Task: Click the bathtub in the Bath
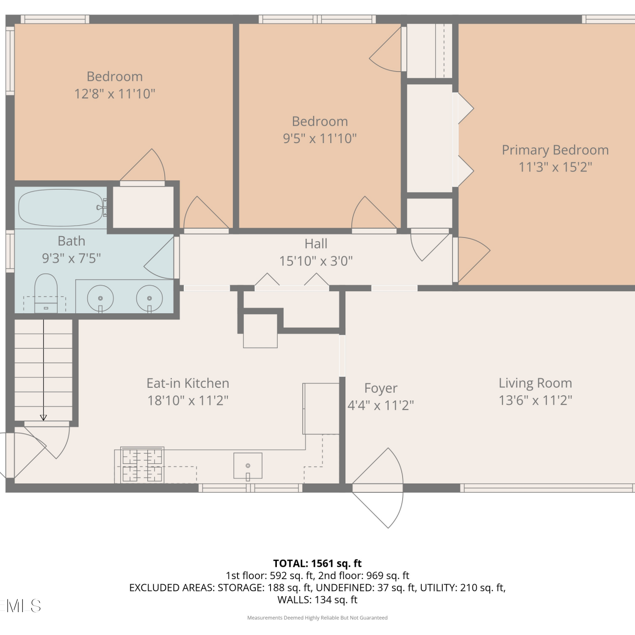tap(61, 207)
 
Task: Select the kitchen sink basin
tap(248, 466)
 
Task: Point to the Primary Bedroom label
tap(555, 150)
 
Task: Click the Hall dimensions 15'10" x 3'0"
tap(316, 261)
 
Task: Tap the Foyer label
tap(381, 388)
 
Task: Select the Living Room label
tap(535, 383)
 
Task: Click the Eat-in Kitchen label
tap(188, 383)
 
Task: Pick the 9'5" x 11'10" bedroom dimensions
tap(320, 138)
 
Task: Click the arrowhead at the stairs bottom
tap(43, 418)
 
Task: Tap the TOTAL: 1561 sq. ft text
tap(317, 563)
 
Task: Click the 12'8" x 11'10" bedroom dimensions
tap(115, 94)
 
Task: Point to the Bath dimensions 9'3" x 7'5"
tap(72, 258)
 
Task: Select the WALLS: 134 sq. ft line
tap(317, 600)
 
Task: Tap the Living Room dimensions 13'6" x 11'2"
tap(535, 400)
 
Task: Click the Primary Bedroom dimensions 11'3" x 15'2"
tap(555, 167)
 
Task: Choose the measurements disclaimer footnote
tap(317, 618)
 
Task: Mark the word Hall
tap(316, 243)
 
